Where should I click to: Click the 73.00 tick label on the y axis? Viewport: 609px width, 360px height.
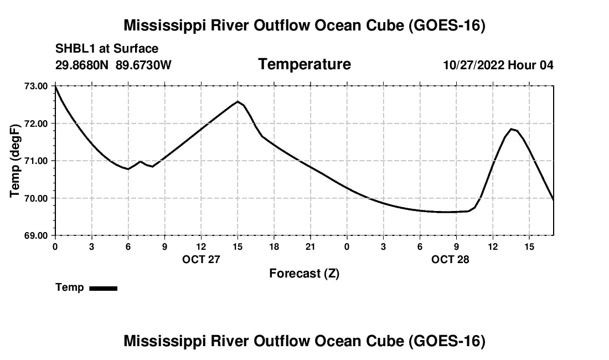(36, 86)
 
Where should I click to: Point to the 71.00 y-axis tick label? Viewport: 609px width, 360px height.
(36, 161)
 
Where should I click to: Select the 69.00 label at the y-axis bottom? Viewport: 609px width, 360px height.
(36, 236)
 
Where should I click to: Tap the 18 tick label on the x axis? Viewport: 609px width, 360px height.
(274, 247)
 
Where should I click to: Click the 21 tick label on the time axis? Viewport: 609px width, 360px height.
(311, 247)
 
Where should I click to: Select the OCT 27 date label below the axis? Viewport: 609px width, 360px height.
(201, 259)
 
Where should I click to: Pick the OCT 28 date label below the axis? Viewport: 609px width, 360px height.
(450, 259)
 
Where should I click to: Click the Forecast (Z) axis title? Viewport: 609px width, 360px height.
(304, 274)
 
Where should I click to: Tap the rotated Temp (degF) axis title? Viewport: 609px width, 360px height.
(15, 161)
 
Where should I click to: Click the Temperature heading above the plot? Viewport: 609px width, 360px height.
(304, 64)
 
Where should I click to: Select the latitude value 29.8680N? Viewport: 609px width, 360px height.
(82, 65)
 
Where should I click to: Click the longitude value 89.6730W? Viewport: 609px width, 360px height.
(143, 65)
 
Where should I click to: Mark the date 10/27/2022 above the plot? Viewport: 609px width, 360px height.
(473, 65)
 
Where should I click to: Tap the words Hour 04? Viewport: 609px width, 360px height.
(530, 65)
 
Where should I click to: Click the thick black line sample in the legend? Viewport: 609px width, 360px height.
(104, 288)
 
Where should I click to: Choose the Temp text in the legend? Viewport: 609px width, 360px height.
(70, 287)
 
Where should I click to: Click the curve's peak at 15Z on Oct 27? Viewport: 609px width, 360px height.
(238, 101)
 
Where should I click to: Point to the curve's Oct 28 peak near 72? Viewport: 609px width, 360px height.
(512, 129)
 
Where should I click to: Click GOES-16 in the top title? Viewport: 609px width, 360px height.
(447, 25)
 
